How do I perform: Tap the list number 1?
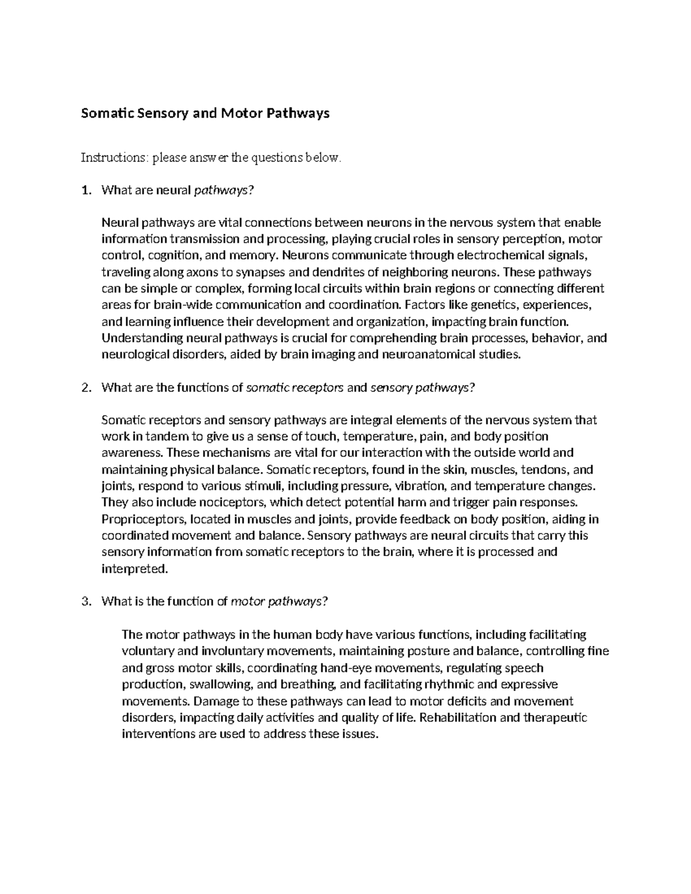(86, 190)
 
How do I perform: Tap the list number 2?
(86, 387)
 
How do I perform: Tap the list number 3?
(86, 602)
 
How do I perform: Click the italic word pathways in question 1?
(223, 191)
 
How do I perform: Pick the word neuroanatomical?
(428, 354)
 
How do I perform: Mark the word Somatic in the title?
(107, 113)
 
